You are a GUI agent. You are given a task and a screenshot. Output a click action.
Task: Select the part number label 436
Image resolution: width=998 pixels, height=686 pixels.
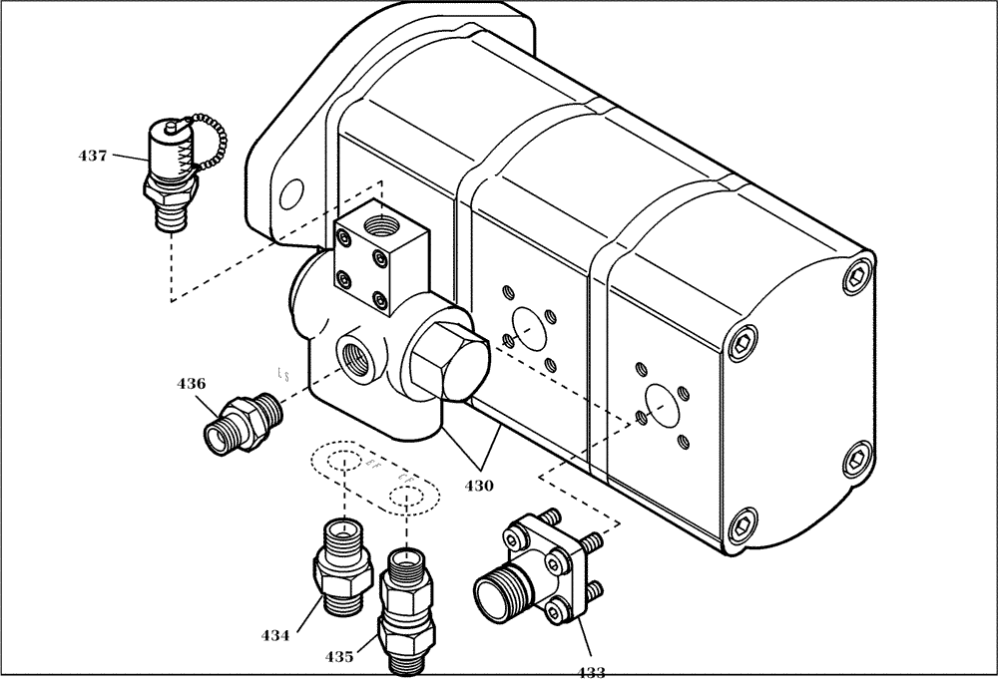point(192,383)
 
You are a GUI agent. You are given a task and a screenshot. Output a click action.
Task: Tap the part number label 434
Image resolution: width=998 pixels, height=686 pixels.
point(276,634)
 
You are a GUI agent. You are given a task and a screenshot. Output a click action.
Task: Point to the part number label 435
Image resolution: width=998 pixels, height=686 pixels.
point(339,657)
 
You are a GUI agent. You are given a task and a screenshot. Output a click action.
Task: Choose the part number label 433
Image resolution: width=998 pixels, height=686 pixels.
point(592,672)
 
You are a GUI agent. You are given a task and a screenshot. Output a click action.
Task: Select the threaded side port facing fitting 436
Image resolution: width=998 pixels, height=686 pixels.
point(356,356)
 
